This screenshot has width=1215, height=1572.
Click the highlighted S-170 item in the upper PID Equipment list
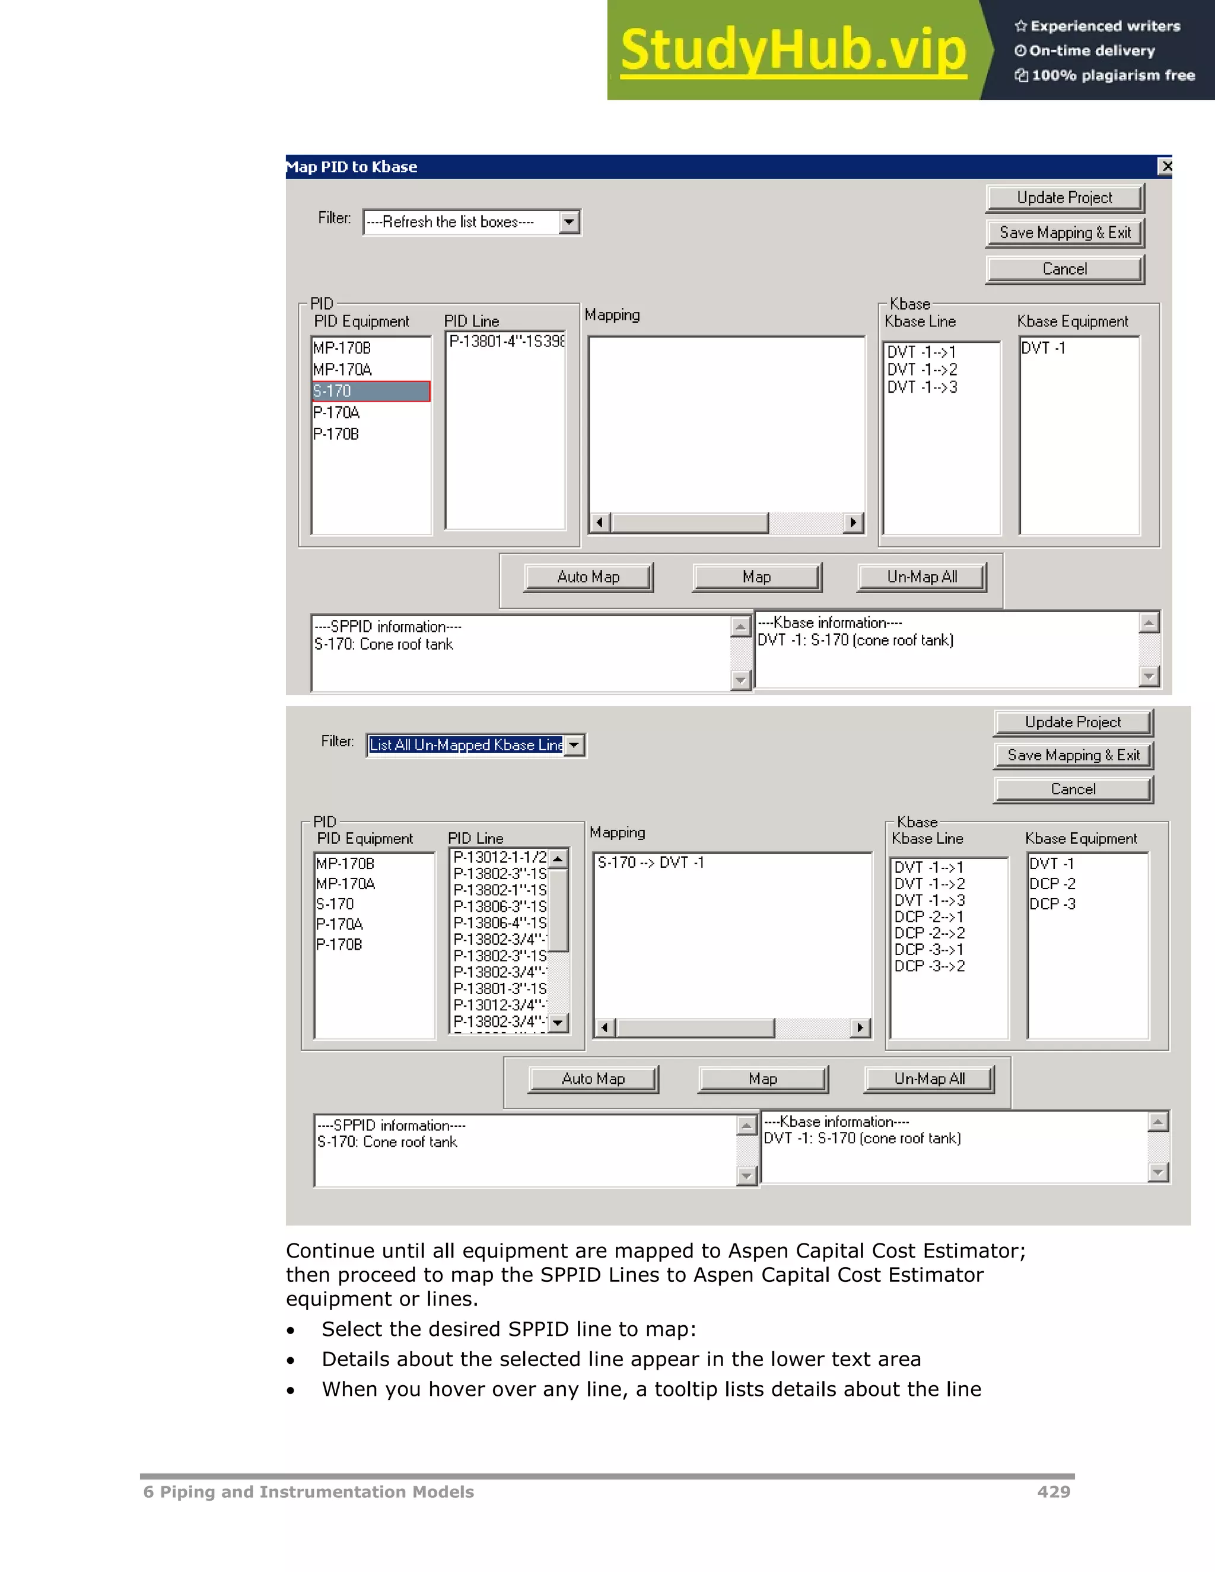[370, 391]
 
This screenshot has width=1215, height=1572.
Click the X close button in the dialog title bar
[1165, 166]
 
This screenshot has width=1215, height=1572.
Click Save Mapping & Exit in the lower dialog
[1073, 755]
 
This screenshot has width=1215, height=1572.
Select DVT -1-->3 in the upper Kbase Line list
[922, 387]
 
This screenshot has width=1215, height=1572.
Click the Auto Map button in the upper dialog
[588, 577]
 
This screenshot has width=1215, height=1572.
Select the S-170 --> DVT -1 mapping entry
[650, 863]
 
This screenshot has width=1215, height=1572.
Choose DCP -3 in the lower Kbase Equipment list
[1052, 904]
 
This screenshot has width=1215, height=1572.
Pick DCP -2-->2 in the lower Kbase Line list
[929, 934]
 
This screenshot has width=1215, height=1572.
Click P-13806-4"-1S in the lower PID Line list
[500, 923]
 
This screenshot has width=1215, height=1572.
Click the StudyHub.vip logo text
[793, 50]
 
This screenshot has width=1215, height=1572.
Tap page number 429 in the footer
[1053, 1491]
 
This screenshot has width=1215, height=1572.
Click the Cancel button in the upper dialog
[1064, 269]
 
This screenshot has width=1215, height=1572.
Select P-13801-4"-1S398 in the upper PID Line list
[507, 341]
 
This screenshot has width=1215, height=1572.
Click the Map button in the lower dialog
[762, 1079]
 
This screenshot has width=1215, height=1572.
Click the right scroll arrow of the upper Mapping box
[853, 523]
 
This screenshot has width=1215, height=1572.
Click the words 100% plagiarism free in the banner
[1113, 75]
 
